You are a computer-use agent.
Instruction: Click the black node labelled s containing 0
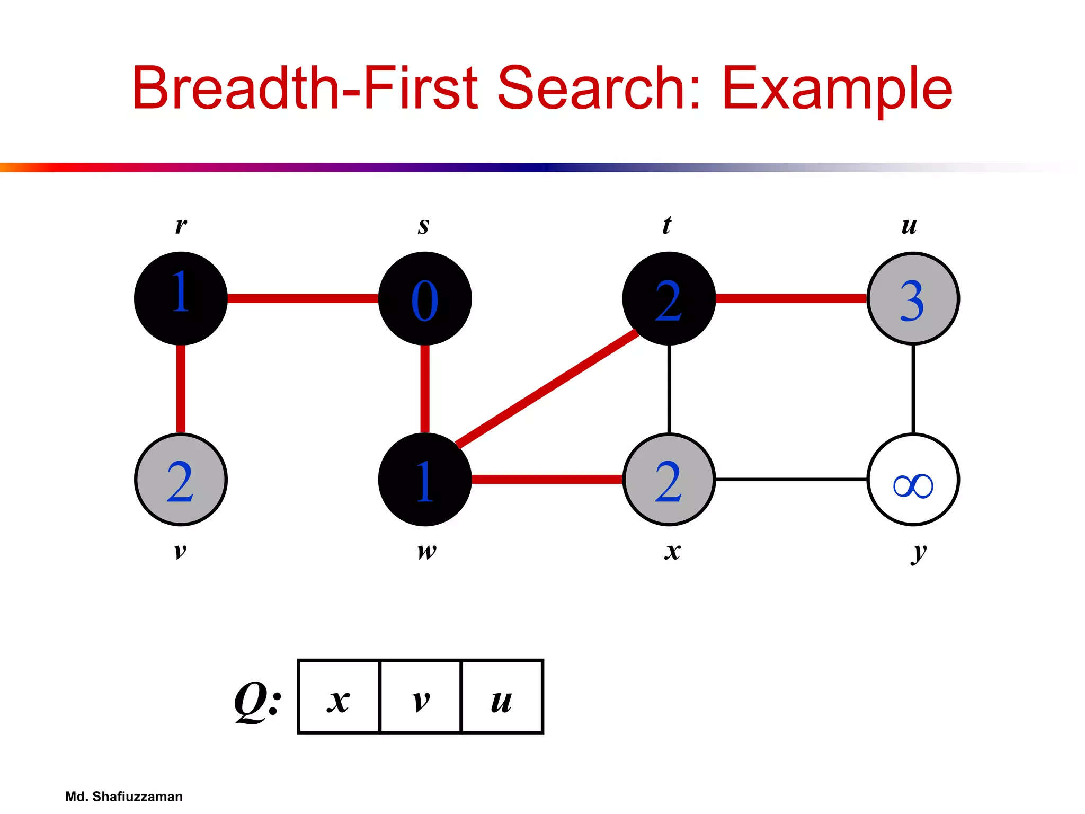coord(425,298)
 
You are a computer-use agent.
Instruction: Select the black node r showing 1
coord(181,298)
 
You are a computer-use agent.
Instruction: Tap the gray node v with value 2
coord(181,480)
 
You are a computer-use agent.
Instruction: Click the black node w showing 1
coord(425,480)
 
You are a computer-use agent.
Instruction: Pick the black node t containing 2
coord(669,298)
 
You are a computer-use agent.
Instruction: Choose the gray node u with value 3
coord(913,298)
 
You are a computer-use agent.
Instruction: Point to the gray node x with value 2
coord(669,480)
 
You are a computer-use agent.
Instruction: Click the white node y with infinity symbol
coord(913,480)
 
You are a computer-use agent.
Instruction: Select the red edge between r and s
coord(303,298)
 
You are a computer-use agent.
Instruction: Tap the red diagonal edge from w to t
coord(547,389)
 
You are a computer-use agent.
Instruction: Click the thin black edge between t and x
coord(669,389)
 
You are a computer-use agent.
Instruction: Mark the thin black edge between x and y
coord(790,480)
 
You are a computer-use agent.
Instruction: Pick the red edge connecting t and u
coord(790,298)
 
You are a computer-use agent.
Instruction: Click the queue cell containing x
coord(339,697)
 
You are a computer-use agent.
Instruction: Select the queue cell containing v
coord(421,697)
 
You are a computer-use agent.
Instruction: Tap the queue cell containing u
coord(502,697)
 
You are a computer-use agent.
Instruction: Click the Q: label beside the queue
coord(257,700)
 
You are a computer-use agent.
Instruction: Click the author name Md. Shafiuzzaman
coord(124,797)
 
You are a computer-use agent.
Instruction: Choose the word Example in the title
coord(837,89)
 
